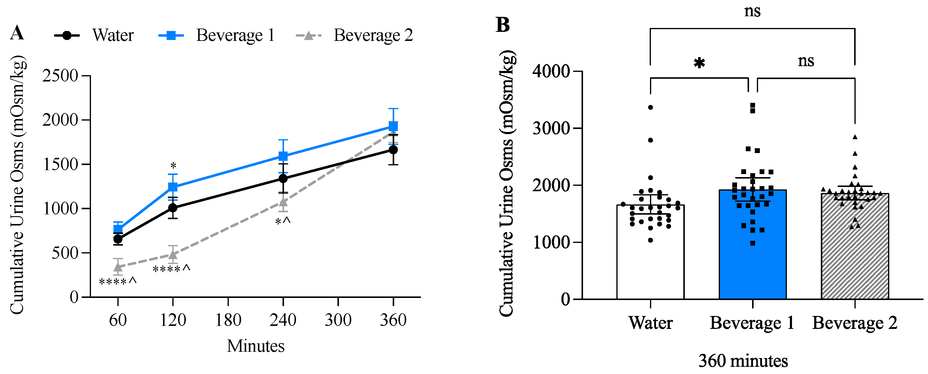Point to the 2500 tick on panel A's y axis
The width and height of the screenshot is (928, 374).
(60, 76)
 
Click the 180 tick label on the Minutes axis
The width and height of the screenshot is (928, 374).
(228, 320)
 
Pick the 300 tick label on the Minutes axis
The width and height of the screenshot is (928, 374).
(338, 320)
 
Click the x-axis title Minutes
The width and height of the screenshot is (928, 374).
(255, 346)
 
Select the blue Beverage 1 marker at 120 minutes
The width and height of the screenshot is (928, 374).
(173, 187)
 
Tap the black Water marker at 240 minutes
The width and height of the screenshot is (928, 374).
(283, 179)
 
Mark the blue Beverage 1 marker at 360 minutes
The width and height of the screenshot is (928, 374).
(393, 126)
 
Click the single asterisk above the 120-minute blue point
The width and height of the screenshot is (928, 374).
(173, 166)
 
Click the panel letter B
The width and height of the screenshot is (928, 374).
(503, 25)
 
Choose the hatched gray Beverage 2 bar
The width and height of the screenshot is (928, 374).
(854, 253)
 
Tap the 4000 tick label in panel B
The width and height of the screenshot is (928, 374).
(551, 71)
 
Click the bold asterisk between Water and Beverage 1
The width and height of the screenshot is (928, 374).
(699, 63)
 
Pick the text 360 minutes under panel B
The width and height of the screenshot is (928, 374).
(743, 361)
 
